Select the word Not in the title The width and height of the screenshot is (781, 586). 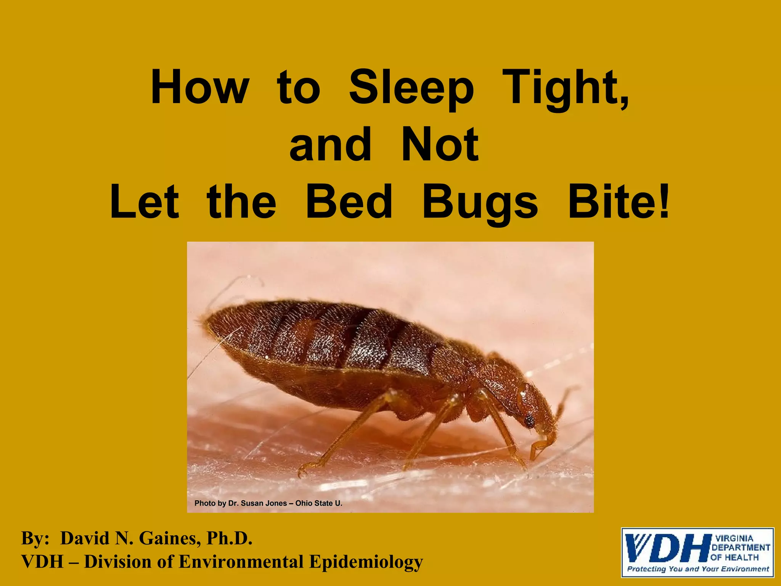pyautogui.click(x=440, y=145)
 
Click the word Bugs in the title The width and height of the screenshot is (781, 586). pyautogui.click(x=480, y=202)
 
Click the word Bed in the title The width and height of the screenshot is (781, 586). pyautogui.click(x=349, y=202)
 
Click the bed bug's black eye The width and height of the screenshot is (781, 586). pyautogui.click(x=529, y=421)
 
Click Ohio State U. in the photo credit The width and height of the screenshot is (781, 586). pyautogui.click(x=319, y=503)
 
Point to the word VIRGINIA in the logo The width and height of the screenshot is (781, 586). pyautogui.click(x=734, y=539)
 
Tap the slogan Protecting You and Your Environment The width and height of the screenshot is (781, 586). pyautogui.click(x=698, y=569)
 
